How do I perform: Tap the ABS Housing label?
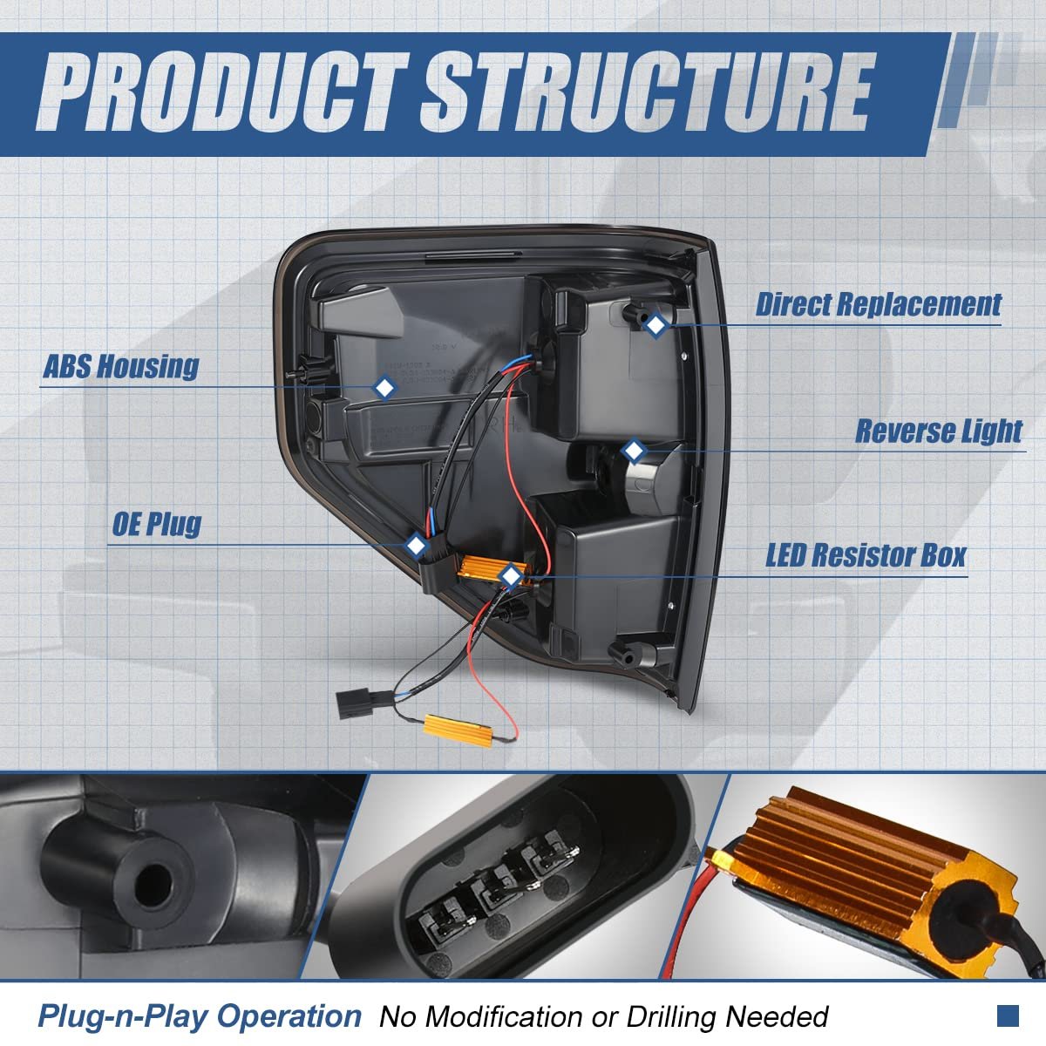click(121, 366)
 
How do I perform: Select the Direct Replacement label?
click(878, 305)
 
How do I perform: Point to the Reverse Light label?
click(938, 431)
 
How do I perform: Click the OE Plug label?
click(157, 525)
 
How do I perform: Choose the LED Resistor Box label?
click(866, 555)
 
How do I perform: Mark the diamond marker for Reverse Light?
click(634, 451)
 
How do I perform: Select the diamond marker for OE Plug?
click(416, 546)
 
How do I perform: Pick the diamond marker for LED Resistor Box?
click(509, 574)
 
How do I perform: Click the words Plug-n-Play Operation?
click(199, 1015)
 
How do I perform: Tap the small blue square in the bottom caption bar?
click(1008, 1015)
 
